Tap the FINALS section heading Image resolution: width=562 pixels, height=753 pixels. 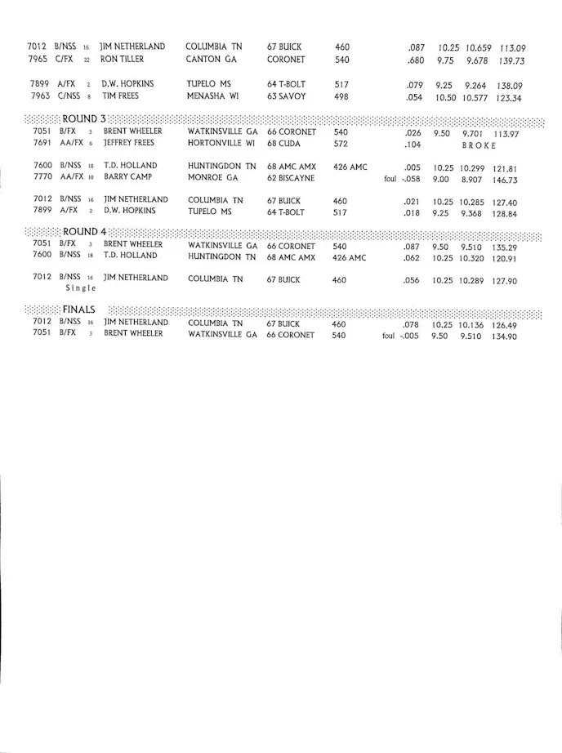click(79, 310)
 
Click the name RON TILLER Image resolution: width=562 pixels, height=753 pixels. click(123, 60)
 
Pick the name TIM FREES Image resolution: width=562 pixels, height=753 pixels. click(121, 96)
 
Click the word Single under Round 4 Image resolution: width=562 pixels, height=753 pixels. click(81, 288)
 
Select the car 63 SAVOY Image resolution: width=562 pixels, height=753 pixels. click(287, 96)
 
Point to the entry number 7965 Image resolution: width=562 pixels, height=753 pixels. click(38, 60)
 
